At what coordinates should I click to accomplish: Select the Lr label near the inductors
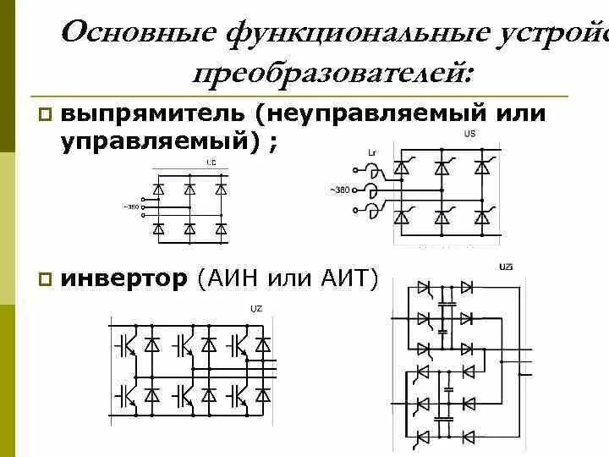373,153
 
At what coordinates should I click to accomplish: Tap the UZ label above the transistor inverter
255,309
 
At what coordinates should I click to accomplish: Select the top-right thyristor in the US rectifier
483,167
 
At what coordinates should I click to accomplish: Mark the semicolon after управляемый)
272,145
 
